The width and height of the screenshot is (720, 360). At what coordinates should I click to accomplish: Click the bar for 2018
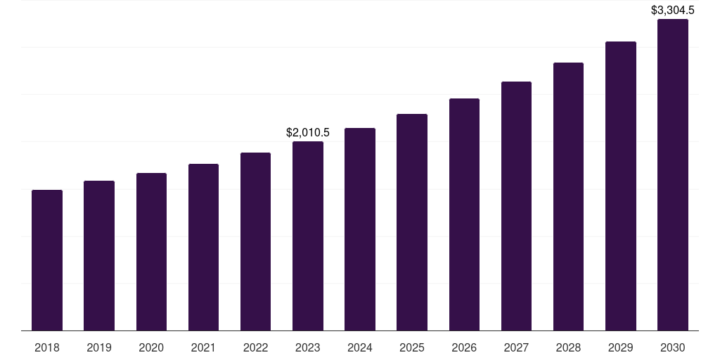[47, 260]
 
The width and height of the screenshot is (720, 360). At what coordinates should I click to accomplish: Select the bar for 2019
[99, 255]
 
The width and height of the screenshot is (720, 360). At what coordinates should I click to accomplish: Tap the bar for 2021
[203, 247]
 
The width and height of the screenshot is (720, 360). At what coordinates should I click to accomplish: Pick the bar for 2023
[308, 236]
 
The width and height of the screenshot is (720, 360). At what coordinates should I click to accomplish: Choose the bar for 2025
[412, 222]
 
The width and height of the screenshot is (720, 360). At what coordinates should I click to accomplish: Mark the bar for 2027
[516, 206]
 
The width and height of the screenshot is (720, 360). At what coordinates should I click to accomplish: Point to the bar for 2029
[620, 186]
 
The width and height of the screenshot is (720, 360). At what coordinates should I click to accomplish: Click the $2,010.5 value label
[308, 132]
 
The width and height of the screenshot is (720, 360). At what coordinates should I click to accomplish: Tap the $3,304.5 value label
[673, 10]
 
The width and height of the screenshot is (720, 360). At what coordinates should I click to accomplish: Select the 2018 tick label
[47, 347]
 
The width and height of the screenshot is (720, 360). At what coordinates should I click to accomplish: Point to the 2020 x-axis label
[151, 347]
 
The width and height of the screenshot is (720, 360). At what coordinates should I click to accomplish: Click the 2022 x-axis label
[255, 347]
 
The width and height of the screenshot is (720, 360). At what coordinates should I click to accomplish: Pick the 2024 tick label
[360, 347]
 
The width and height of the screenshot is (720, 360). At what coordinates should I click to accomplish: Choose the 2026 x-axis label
[464, 347]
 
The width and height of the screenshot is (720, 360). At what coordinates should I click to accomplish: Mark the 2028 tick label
[568, 347]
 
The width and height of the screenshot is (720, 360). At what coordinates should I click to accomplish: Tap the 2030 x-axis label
[673, 347]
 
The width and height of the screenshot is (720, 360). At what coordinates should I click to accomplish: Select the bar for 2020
[151, 252]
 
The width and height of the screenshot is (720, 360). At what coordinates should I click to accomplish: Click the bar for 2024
[360, 229]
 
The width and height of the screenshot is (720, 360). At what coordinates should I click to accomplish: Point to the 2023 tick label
[308, 347]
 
